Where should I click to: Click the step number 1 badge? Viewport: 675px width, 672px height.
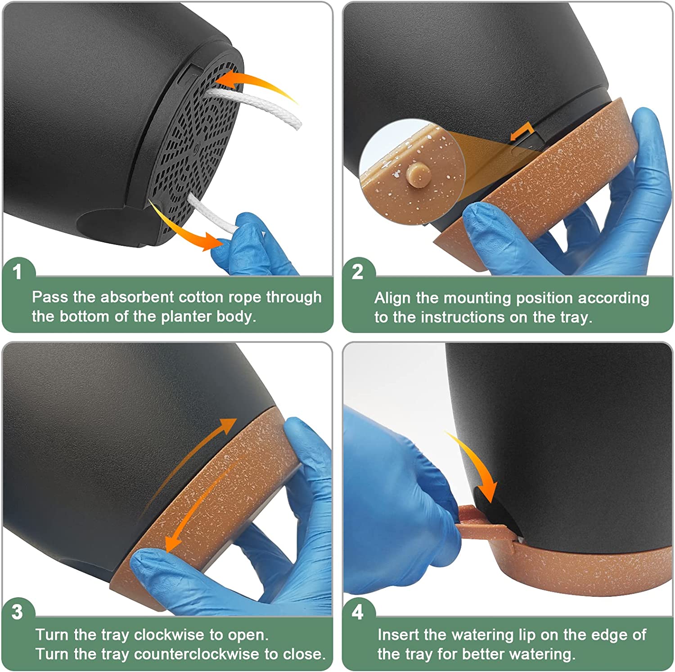click(18, 272)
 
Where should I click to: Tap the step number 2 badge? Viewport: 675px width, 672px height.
click(358, 272)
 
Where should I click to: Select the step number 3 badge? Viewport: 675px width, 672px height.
click(18, 612)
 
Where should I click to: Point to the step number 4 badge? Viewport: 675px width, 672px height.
click(358, 612)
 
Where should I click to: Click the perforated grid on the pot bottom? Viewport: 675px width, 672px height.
click(198, 144)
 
